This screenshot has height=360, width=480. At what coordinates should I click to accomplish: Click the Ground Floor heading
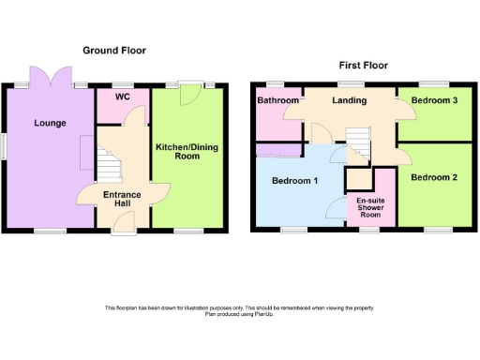coord(114,50)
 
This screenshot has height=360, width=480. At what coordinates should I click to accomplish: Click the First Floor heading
coord(363,66)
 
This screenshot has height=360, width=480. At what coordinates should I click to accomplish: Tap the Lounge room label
coord(50,122)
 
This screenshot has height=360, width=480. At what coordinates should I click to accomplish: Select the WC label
coord(122,97)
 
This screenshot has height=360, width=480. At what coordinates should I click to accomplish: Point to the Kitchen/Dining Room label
coord(187,151)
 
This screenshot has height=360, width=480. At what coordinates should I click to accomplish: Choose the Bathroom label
coord(278,100)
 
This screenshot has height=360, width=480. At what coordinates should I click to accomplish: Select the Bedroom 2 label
coord(433,177)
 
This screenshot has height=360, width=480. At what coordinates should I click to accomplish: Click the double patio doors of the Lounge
coord(50,75)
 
